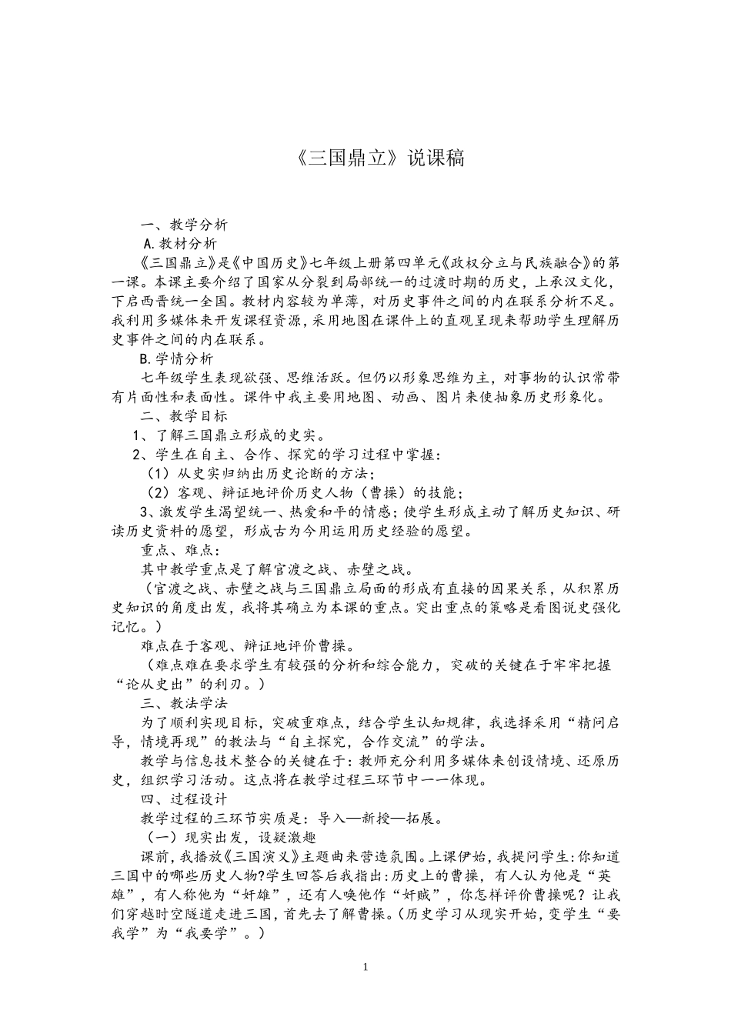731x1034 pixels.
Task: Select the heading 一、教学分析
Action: (183, 225)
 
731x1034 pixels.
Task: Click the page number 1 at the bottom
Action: (365, 966)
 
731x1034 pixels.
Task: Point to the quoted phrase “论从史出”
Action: (162, 684)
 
